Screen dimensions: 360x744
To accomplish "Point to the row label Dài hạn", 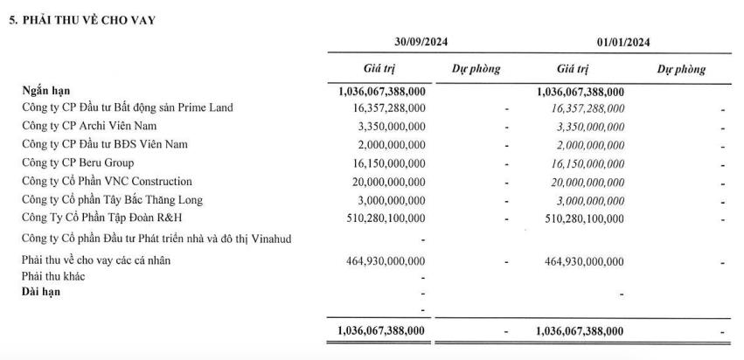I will (42, 292).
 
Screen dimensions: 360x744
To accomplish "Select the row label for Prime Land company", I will (128, 107).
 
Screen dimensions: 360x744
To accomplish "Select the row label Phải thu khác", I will (53, 276).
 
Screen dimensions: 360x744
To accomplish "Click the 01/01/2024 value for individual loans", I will (581, 260).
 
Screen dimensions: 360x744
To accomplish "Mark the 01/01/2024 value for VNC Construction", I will (581, 182).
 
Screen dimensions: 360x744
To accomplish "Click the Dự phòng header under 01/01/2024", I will (681, 68).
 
